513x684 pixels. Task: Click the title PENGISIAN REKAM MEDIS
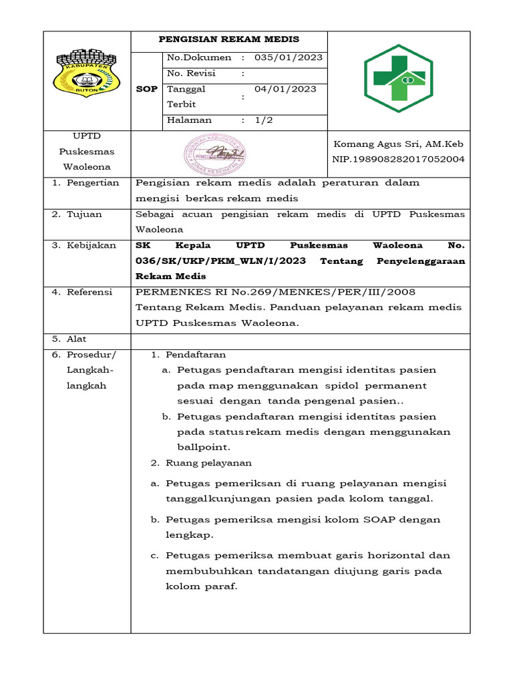[228, 39]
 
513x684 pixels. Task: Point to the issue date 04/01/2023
[285, 89]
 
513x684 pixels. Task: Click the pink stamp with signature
[214, 153]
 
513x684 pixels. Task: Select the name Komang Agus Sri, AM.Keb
[398, 144]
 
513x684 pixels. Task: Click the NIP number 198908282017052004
[398, 159]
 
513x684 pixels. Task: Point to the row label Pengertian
[92, 182]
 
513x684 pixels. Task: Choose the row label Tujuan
[87, 214]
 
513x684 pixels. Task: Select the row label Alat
[76, 339]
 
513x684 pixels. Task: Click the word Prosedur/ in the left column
[91, 354]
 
